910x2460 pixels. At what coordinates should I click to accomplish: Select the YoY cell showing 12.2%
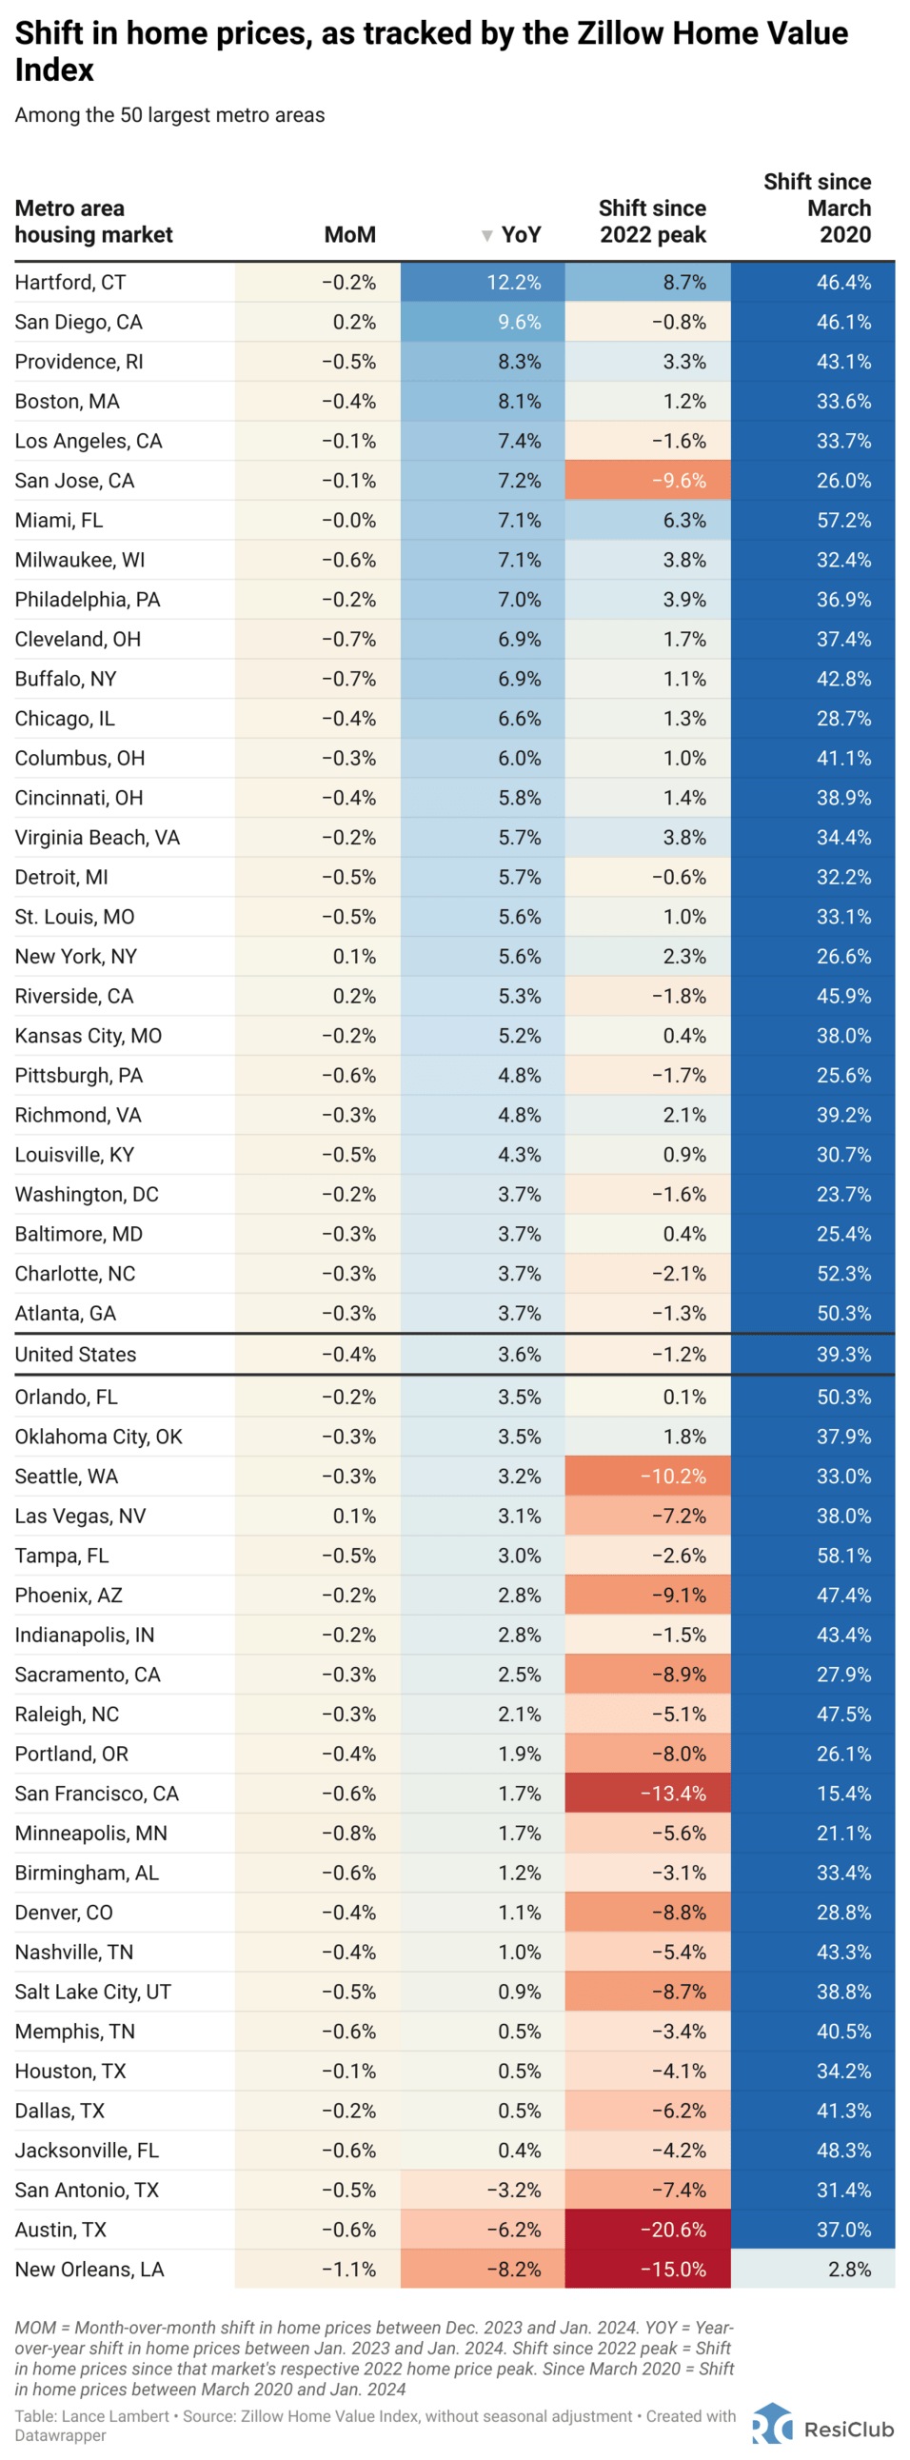[x=514, y=283]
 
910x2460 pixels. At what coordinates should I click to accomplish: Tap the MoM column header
[x=349, y=235]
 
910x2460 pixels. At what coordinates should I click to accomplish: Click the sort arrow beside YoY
[x=487, y=236]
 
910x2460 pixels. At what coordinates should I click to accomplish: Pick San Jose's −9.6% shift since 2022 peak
[x=678, y=481]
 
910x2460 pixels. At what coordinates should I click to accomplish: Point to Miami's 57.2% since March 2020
[x=843, y=521]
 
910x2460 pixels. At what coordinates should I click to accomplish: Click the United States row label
[x=75, y=1354]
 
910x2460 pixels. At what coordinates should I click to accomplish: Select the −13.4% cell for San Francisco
[x=672, y=1794]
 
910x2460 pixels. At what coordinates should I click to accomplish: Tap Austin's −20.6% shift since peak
[x=672, y=2230]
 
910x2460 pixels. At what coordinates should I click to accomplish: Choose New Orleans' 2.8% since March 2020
[x=849, y=2269]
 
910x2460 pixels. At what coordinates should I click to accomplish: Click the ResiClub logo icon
[x=772, y=2425]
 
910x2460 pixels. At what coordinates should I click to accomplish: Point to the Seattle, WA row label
[x=66, y=1477]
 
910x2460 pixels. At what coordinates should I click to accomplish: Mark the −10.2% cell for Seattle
[x=672, y=1477]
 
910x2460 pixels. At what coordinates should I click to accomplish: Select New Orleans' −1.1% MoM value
[x=348, y=2269]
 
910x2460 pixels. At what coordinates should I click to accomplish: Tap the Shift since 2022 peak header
[x=652, y=222]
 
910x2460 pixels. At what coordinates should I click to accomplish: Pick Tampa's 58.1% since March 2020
[x=843, y=1556]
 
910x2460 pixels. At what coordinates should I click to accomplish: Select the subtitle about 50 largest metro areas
[x=170, y=115]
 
